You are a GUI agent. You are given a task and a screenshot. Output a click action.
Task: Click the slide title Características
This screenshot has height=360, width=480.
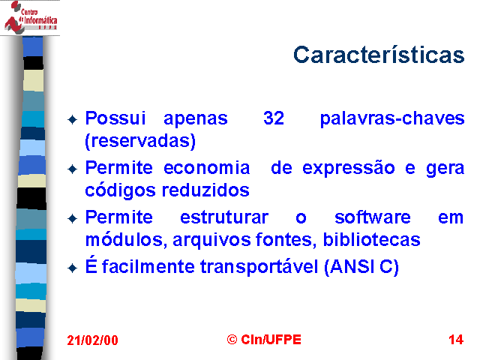tap(379, 55)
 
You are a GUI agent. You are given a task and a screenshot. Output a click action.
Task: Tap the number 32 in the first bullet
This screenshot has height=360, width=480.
tap(274, 118)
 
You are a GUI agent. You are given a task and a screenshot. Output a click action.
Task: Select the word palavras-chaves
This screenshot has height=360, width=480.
tap(392, 118)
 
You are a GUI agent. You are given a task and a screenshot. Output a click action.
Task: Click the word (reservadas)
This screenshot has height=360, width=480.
tap(140, 141)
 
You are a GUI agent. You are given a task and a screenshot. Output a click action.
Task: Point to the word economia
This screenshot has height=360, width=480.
tap(207, 168)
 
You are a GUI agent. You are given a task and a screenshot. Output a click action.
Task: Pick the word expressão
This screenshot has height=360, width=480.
tap(348, 169)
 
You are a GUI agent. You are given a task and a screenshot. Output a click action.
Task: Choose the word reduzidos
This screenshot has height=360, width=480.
tap(205, 190)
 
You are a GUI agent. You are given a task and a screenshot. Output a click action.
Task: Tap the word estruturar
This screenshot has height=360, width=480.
tap(224, 217)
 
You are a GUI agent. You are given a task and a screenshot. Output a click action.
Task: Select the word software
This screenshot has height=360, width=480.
tap(372, 217)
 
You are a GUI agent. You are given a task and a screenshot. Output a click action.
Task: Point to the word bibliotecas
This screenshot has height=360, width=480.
tap(372, 239)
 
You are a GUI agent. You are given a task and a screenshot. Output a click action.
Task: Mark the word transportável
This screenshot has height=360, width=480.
tap(259, 267)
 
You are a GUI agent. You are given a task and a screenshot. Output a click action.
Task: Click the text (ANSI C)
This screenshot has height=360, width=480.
tap(361, 267)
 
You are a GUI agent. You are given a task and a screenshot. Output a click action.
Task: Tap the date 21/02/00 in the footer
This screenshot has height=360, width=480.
tap(92, 340)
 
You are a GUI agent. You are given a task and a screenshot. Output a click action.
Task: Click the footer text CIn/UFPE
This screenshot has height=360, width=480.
tap(271, 340)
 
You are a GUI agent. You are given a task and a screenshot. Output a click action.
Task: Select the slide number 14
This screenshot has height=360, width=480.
tap(456, 340)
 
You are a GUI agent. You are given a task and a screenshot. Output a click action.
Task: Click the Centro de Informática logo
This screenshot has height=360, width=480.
tap(30, 17)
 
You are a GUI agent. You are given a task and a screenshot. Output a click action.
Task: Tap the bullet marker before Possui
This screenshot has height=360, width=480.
tap(72, 119)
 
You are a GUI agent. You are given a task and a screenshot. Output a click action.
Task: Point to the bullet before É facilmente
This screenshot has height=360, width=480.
tap(72, 268)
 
